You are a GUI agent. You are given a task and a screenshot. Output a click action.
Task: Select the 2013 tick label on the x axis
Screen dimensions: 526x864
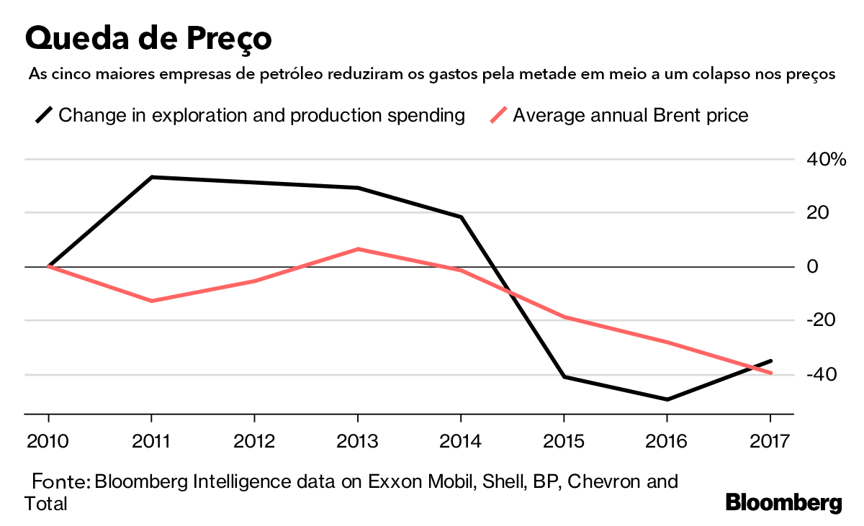coord(358,441)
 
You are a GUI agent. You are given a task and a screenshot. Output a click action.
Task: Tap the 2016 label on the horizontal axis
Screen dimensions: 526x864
coord(667,441)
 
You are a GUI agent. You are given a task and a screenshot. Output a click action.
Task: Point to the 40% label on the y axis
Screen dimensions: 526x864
coord(826,160)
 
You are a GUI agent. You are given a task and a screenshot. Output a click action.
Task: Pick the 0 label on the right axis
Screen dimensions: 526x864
coord(812,267)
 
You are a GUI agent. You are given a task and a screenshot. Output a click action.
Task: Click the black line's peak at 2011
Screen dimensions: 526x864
coord(152,177)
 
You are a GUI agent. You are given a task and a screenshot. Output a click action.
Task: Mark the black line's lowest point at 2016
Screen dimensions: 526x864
coord(667,399)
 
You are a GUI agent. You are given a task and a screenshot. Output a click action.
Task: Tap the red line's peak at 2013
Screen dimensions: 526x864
coord(358,249)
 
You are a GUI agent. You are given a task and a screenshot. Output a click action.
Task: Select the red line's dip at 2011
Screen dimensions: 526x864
coord(152,301)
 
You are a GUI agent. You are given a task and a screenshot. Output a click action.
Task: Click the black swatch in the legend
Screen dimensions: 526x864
coord(44,115)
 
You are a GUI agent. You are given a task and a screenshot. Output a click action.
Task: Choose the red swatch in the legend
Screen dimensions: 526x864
coord(498,115)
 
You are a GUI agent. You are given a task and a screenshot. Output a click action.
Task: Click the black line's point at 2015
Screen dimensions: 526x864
coord(564,376)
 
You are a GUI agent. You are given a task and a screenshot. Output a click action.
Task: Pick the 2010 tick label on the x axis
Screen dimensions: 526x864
coord(48,441)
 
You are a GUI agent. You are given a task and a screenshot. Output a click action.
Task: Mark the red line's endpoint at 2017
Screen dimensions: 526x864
coord(770,373)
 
